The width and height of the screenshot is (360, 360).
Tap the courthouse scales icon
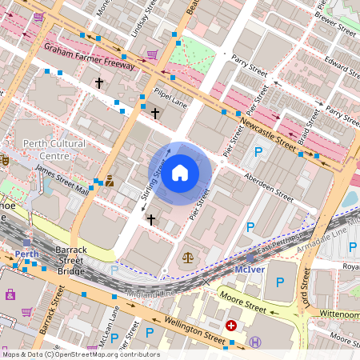(188, 258)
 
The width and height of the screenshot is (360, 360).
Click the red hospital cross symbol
(231, 326)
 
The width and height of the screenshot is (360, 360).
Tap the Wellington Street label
(194, 330)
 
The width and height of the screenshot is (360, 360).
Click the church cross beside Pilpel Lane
(155, 113)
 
